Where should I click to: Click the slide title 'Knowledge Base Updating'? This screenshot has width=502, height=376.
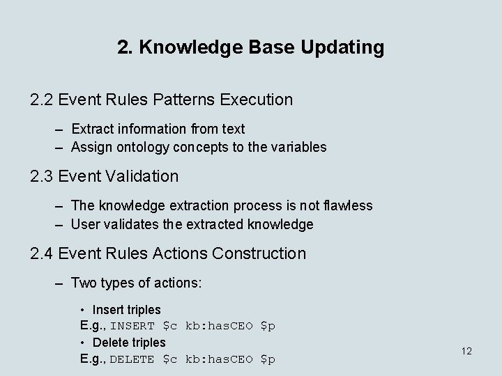251,47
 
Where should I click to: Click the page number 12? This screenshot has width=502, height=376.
466,351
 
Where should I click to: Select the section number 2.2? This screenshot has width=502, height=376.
43,100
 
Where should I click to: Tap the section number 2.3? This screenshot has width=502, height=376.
43,176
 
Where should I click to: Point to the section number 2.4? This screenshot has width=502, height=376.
43,253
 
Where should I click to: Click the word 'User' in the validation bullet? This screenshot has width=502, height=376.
85,224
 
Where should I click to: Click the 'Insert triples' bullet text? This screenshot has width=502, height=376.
126,309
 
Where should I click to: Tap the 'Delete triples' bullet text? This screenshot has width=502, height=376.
129,343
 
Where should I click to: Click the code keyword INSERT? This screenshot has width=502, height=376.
132,326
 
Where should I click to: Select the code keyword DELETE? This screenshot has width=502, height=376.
132,359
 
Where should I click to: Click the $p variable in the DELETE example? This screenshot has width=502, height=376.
268,359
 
